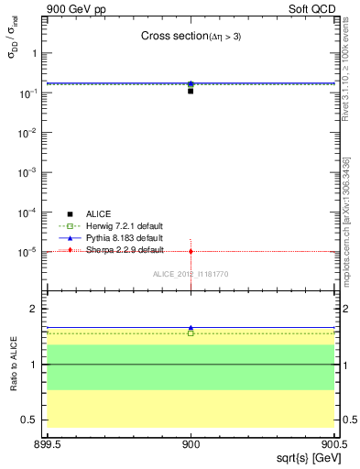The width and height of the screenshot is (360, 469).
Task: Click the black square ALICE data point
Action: tap(191, 91)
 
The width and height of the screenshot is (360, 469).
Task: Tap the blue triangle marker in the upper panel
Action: tap(191, 83)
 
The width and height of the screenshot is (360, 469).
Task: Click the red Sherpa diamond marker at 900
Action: tap(191, 251)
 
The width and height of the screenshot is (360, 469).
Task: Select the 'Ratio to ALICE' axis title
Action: tap(16, 365)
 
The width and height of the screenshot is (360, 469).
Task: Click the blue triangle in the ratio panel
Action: tap(191, 327)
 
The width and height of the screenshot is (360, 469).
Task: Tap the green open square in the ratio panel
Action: tap(191, 333)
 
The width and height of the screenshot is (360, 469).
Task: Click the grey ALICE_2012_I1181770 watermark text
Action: tap(191, 273)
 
